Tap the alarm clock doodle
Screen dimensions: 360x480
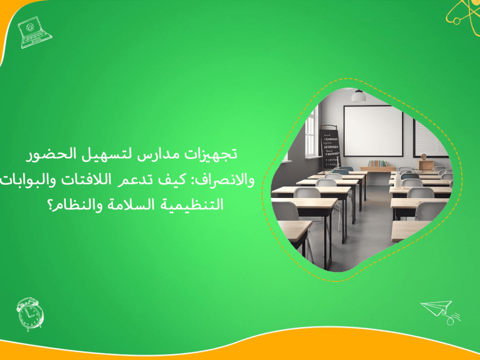coord(30,314)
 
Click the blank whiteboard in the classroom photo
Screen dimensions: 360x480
coord(373,131)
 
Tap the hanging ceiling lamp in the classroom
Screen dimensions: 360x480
coord(359,96)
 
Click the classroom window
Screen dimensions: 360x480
coord(311,132)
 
